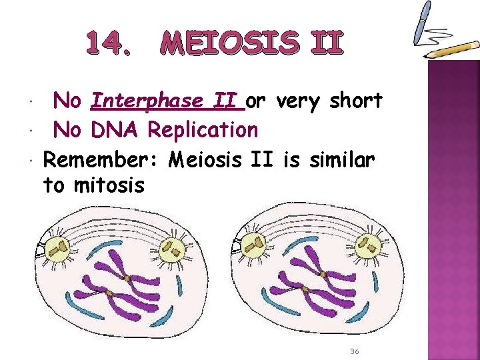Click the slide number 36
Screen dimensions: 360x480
pyautogui.click(x=355, y=351)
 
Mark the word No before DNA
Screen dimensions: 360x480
pyautogui.click(x=67, y=129)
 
